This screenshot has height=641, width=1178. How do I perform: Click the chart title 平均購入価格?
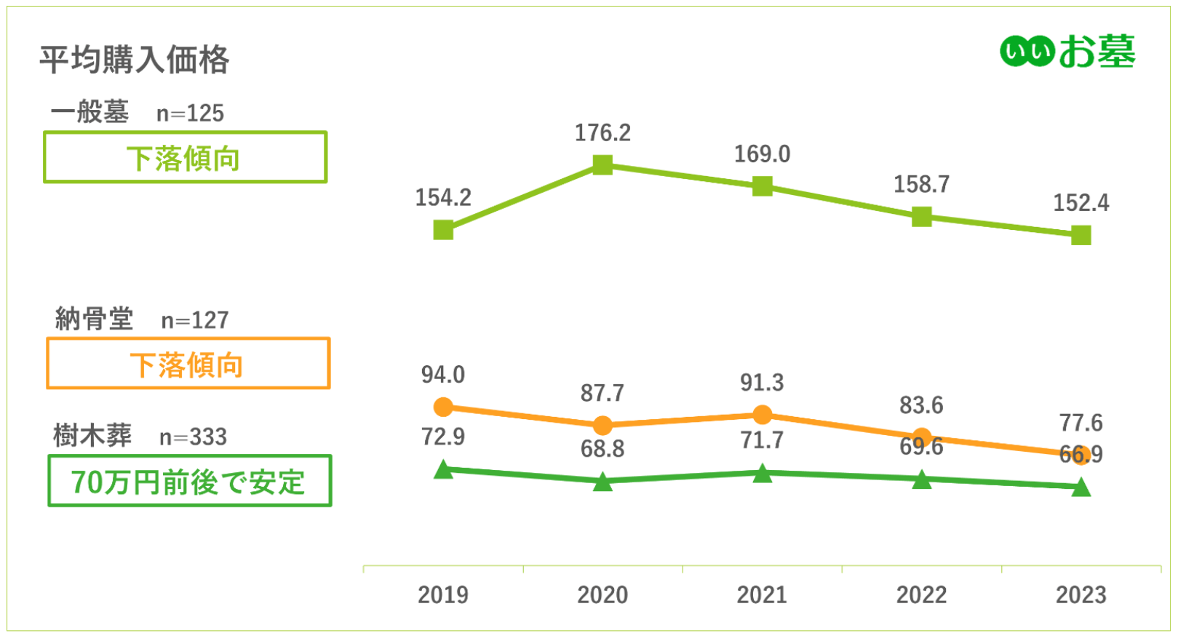[x=134, y=60]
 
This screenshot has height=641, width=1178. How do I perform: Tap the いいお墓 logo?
[x=1067, y=52]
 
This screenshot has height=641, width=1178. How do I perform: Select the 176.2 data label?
[x=602, y=133]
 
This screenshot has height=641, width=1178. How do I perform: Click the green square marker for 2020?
[x=602, y=165]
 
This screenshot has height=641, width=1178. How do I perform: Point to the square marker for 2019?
[x=443, y=230]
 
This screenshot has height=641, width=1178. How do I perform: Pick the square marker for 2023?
[x=1081, y=235]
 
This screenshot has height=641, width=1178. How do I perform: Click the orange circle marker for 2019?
[x=443, y=407]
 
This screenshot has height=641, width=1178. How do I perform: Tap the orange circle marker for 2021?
[x=762, y=415]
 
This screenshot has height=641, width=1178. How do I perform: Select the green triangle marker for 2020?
[x=602, y=482]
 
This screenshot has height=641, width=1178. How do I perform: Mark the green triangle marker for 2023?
[x=1081, y=487]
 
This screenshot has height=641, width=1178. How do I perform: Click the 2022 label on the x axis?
[x=921, y=595]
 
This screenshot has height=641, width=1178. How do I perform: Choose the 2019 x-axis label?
[x=443, y=595]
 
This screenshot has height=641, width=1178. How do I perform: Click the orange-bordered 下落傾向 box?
[x=188, y=364]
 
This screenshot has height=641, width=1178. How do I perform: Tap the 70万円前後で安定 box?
[x=189, y=481]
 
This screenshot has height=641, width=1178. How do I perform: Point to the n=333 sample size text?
[x=193, y=437]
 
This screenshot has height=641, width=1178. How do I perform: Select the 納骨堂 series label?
[x=94, y=319]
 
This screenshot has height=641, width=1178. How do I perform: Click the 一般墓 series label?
[x=89, y=112]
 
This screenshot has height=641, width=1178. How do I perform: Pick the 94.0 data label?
[x=443, y=375]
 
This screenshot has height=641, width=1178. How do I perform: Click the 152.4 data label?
[x=1081, y=203]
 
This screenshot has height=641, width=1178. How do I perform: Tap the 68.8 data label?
[x=602, y=449]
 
